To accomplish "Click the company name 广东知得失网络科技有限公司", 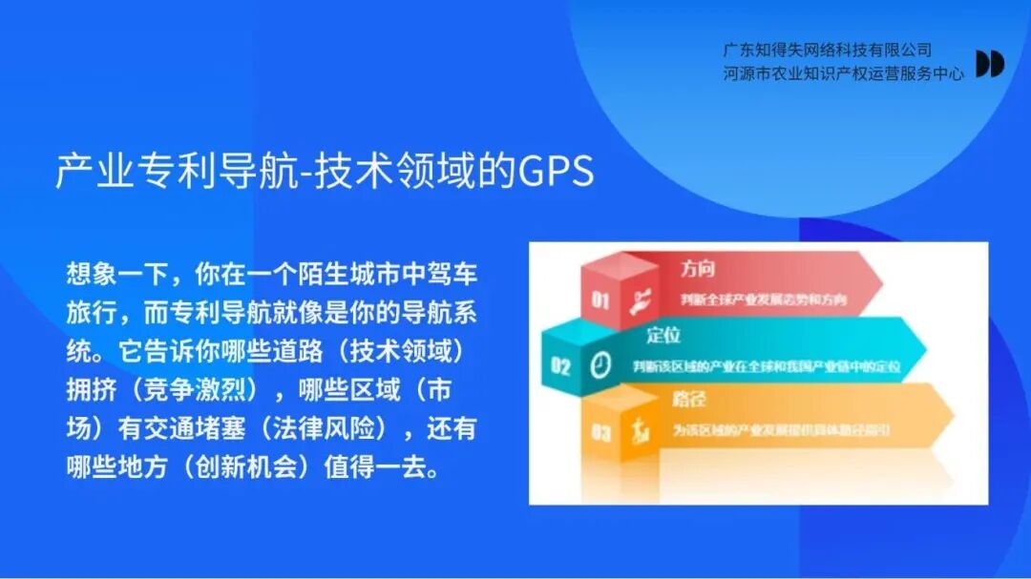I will coord(827,51).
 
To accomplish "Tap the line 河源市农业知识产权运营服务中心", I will coord(843,72).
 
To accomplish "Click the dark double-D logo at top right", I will coord(989,63).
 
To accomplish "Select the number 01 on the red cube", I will coord(600,300).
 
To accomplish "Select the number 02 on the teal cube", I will coord(560,366).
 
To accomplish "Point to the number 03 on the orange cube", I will coord(600,433).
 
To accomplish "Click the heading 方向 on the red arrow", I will coord(697,269).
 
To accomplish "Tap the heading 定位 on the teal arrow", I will coord(663,335).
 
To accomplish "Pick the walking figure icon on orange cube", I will coord(636,431).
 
